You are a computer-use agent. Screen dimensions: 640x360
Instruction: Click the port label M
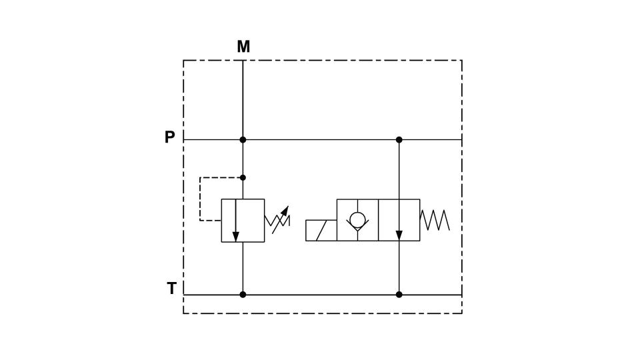click(243, 47)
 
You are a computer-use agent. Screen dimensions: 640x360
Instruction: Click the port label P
click(170, 137)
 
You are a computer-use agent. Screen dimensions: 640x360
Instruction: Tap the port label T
click(171, 288)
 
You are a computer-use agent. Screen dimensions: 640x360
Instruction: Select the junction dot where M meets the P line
click(243, 139)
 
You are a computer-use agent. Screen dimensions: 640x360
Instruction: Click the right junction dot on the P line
click(399, 139)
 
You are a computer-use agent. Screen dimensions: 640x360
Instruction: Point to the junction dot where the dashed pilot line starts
click(243, 177)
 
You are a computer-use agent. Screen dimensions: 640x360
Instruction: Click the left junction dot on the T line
click(243, 295)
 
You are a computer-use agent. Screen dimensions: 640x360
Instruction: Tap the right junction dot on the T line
click(399, 295)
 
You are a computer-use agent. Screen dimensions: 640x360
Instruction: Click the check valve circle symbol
click(357, 220)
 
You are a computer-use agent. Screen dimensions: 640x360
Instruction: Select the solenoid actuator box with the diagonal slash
click(321, 230)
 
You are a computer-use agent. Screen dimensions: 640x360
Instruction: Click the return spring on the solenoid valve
click(435, 220)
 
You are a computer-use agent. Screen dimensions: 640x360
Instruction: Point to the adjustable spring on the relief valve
click(277, 221)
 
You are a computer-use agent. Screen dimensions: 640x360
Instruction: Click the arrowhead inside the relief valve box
click(235, 236)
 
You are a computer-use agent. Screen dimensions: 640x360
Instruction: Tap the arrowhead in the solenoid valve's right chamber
click(399, 235)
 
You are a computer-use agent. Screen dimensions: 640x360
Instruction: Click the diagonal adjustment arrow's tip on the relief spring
click(287, 207)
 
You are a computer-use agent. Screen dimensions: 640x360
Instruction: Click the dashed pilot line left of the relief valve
click(200, 199)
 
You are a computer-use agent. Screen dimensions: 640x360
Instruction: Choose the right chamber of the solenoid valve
click(399, 220)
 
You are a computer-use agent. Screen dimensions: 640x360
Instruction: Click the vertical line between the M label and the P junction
click(243, 100)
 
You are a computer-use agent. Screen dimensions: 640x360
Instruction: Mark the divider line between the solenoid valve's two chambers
click(379, 220)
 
